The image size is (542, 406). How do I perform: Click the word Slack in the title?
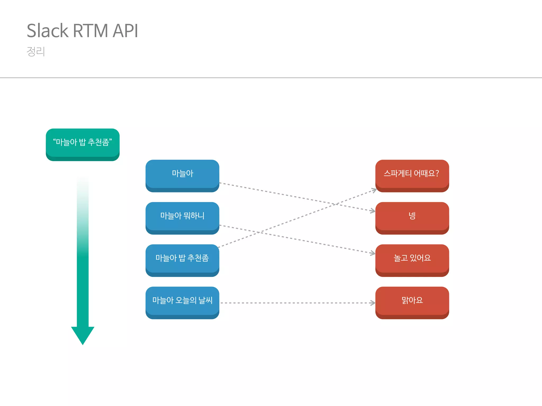(x=48, y=31)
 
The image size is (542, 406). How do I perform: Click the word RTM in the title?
(x=90, y=31)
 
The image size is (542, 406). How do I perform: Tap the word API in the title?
(x=125, y=31)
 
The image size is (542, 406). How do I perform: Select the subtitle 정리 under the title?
(x=36, y=51)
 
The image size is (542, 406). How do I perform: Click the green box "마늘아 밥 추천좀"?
(x=83, y=143)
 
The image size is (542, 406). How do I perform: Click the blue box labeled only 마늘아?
(x=182, y=174)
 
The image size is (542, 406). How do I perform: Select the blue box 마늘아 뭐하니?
(x=182, y=216)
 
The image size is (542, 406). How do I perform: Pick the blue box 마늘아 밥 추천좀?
(x=182, y=259)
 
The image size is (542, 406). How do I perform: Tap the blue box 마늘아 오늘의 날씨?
(x=182, y=301)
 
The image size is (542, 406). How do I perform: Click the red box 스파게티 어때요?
(x=412, y=174)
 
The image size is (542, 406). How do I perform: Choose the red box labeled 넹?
(x=412, y=216)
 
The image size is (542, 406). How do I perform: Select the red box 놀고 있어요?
(x=412, y=259)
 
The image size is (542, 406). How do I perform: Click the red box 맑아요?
(x=412, y=301)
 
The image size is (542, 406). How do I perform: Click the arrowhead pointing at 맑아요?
(x=373, y=303)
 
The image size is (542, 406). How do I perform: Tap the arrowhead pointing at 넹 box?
(x=373, y=211)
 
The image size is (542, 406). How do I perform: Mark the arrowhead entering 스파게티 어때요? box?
(x=374, y=190)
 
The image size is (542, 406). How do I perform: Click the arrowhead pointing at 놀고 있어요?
(x=373, y=253)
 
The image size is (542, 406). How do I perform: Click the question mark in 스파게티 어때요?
(x=437, y=173)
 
